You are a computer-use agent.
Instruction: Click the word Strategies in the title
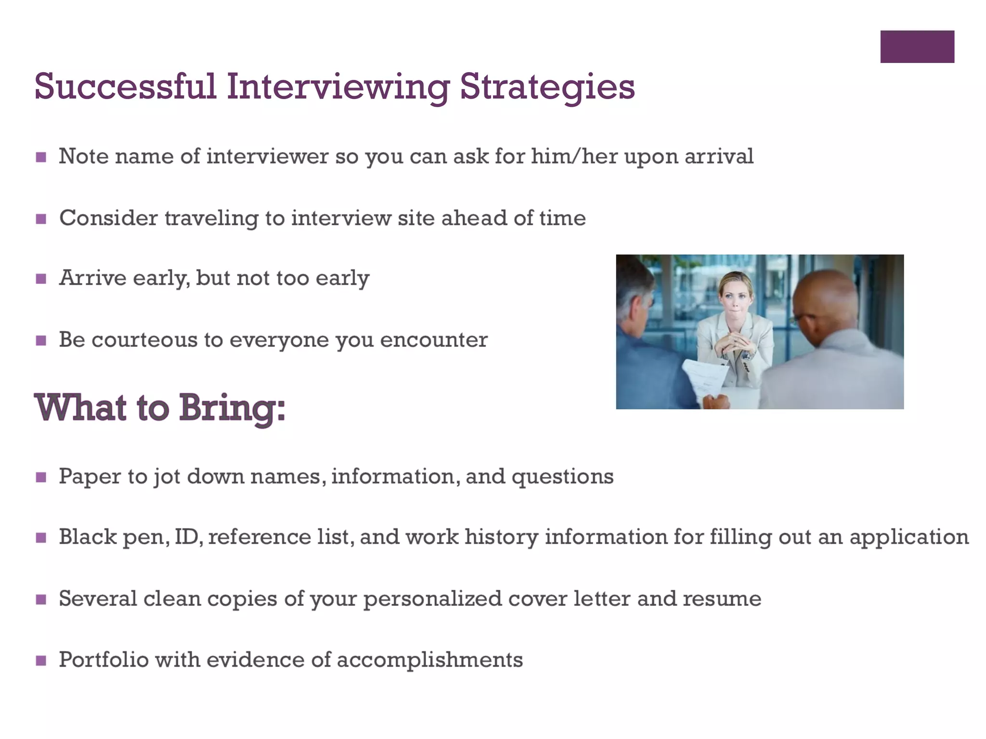[x=547, y=87]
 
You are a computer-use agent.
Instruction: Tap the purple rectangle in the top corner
[x=917, y=47]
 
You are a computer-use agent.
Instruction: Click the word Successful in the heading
[x=125, y=87]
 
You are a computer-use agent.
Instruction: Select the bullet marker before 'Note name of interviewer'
[x=41, y=157]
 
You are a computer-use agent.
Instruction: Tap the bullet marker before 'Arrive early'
[x=41, y=279]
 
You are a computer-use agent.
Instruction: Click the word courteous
[x=144, y=340]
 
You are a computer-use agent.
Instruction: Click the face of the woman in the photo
[x=735, y=298]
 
